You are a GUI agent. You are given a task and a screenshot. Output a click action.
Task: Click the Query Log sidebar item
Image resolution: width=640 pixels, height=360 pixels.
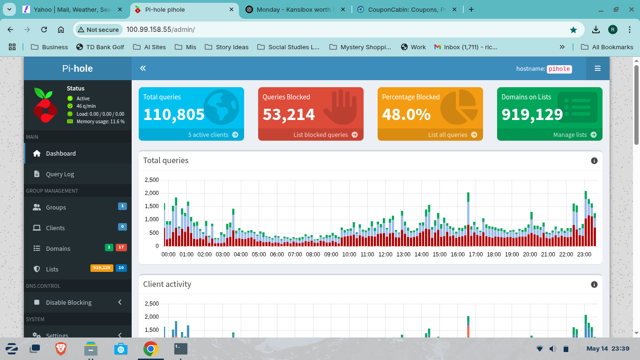click(60, 174)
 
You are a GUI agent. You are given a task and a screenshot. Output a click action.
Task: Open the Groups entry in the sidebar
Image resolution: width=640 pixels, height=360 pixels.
click(56, 207)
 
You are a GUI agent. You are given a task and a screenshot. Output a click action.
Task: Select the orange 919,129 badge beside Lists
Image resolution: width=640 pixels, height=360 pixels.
click(102, 268)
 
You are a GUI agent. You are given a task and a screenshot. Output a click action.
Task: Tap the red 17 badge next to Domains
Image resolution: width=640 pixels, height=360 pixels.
click(121, 247)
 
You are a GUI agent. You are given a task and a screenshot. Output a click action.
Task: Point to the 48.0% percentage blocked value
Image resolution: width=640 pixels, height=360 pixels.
click(406, 114)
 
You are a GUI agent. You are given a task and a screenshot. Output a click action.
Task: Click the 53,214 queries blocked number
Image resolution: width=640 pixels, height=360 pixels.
click(289, 114)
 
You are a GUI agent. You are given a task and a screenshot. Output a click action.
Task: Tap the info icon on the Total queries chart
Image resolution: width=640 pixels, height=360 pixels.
click(594, 161)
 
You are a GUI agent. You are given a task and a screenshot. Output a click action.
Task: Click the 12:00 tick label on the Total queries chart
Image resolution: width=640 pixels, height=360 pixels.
click(385, 255)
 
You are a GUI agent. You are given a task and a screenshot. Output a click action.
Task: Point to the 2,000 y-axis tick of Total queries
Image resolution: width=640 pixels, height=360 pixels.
click(152, 193)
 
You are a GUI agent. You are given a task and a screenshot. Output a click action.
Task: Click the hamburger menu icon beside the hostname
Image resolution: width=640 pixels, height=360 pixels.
click(597, 68)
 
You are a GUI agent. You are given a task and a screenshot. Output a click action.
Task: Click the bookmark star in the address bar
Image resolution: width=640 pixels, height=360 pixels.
click(573, 30)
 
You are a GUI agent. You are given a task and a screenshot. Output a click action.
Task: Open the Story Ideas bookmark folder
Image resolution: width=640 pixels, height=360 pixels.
click(227, 47)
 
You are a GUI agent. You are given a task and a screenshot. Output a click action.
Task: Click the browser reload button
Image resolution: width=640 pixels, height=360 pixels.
click(44, 30)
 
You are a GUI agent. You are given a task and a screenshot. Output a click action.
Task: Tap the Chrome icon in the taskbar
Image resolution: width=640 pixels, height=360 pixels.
click(150, 349)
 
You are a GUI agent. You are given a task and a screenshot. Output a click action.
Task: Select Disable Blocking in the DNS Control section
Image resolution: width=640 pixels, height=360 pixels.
click(68, 302)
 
